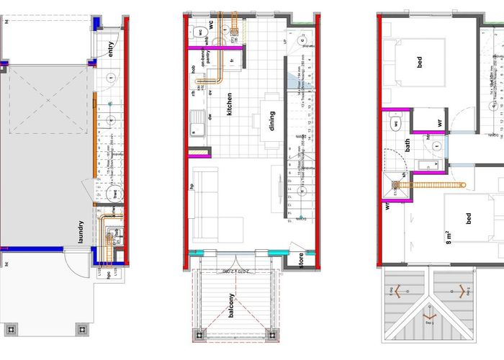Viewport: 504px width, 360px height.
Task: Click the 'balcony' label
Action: pyautogui.click(x=231, y=305)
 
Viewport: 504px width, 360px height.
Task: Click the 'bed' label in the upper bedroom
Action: pyautogui.click(x=420, y=63)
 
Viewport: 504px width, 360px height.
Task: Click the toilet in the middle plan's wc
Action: pyautogui.click(x=199, y=32)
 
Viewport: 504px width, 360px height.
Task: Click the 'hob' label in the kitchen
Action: pyautogui.click(x=194, y=70)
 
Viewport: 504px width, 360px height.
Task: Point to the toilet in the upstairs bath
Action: pyautogui.click(x=395, y=124)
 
